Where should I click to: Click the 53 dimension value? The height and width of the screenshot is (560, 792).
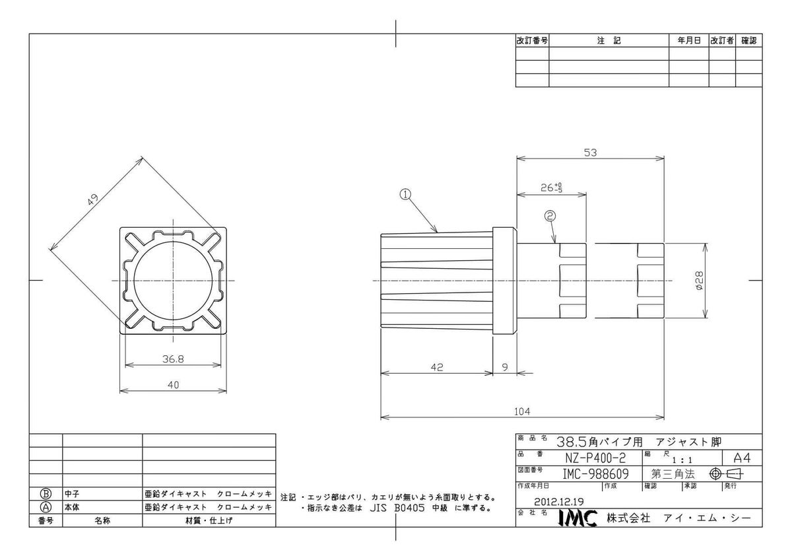(x=591, y=153)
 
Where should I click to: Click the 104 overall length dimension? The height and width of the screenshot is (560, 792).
(x=522, y=411)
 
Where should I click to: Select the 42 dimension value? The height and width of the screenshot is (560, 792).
(x=437, y=367)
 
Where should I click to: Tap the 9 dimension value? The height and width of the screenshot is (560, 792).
(x=505, y=367)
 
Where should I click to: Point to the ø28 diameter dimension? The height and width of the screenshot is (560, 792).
(x=699, y=281)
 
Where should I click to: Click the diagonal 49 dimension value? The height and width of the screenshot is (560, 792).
(x=92, y=200)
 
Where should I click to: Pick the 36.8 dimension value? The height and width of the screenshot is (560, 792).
(x=173, y=359)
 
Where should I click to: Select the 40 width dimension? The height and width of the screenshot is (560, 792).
(x=173, y=384)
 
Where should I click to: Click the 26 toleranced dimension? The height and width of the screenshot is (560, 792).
(x=551, y=188)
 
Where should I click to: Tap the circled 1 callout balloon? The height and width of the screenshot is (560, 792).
(x=405, y=194)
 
